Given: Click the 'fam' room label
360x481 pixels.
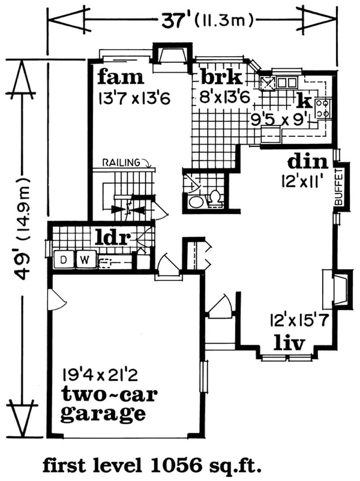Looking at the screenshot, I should [121, 77].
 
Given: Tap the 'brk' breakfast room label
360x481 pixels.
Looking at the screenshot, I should [221, 77].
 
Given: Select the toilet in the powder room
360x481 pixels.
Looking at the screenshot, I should [215, 198].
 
